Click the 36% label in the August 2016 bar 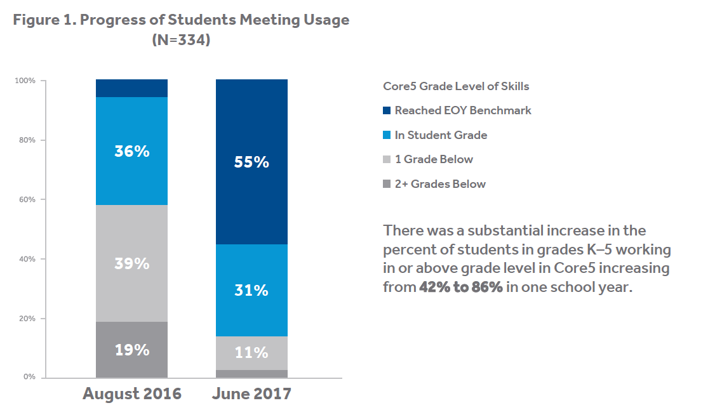(131, 152)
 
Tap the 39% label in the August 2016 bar (131, 263)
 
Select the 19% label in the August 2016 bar (131, 350)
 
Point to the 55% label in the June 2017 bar (251, 162)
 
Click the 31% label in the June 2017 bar (251, 291)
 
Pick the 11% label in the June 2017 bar (251, 353)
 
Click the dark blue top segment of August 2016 (131, 88)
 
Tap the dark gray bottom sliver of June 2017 (251, 374)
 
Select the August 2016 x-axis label (132, 394)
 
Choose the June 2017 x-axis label (251, 394)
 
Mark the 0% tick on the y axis (29, 378)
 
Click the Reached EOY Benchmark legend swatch (387, 110)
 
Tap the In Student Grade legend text (441, 135)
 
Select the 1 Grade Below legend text (434, 159)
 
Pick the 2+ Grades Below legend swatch (387, 184)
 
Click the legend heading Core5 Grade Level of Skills (456, 86)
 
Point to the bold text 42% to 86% (461, 286)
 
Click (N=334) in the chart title (181, 39)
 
